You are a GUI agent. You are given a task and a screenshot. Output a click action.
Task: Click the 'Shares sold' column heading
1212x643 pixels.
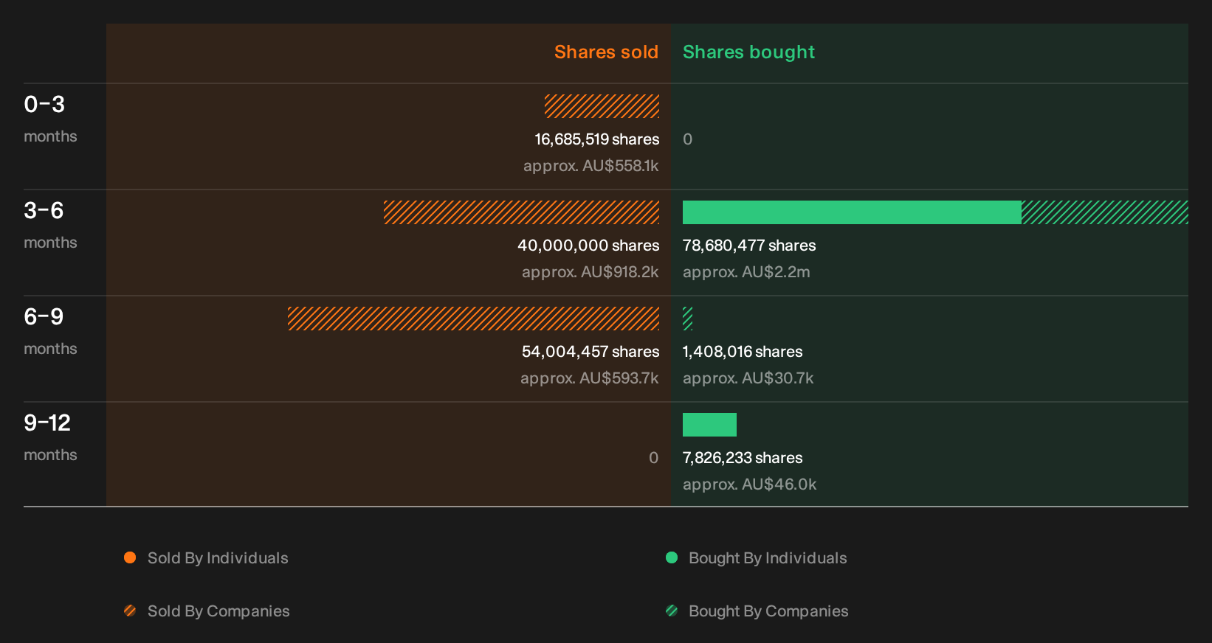[x=606, y=52]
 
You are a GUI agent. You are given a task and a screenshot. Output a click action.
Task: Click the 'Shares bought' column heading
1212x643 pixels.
[x=748, y=52]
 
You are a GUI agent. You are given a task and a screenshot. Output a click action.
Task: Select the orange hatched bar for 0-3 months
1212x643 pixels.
[x=602, y=106]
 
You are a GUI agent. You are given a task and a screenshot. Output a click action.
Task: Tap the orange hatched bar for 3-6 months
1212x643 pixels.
[x=522, y=212]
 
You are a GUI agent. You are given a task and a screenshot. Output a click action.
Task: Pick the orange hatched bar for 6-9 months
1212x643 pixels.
[x=473, y=319]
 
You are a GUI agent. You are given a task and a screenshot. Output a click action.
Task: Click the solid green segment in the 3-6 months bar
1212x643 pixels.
[x=853, y=212]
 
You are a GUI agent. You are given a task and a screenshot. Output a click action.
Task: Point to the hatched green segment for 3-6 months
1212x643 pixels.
[x=1105, y=212]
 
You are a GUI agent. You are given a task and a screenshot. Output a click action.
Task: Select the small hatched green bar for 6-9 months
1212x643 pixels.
[x=688, y=319]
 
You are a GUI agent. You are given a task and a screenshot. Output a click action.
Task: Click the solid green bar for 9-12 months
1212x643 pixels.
[x=709, y=425]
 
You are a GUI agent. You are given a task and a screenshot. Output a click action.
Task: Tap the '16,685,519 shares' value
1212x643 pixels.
[x=597, y=139]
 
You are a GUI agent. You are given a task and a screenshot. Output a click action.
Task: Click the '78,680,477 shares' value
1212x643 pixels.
[x=749, y=246]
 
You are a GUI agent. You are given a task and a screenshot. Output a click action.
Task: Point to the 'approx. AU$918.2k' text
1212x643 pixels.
[x=590, y=272]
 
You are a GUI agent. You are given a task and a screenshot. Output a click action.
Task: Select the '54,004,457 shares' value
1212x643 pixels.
[x=590, y=352]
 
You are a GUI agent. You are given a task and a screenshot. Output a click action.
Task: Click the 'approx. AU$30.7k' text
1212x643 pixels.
[x=748, y=378]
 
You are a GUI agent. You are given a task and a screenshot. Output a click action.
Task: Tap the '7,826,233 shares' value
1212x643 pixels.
[x=743, y=458]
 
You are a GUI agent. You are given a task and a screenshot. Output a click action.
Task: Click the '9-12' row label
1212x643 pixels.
[x=47, y=423]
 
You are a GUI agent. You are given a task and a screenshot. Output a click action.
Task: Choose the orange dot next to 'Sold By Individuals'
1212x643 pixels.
[x=130, y=557]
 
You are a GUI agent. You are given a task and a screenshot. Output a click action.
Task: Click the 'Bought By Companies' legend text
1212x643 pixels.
[x=768, y=611]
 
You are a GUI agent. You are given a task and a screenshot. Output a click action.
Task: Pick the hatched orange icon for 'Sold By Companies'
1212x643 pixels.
[x=130, y=611]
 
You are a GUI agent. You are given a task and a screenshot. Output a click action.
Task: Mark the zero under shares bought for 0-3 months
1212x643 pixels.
[x=688, y=139]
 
